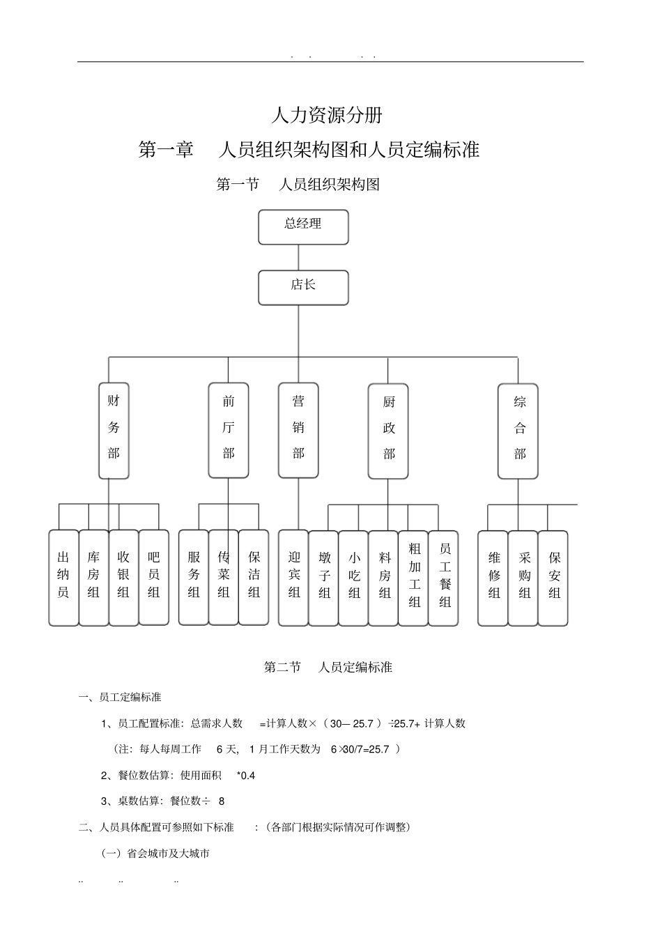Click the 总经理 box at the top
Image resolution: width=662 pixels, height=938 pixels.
tap(303, 227)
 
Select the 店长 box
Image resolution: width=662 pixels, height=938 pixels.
tap(303, 288)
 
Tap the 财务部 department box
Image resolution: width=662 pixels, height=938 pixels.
tap(114, 430)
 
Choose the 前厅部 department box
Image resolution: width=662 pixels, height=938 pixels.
tap(229, 430)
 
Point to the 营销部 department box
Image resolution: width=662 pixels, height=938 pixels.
tap(298, 430)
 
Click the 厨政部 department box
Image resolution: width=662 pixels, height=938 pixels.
tap(388, 431)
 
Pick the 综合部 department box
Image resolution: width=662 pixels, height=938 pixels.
tap(518, 431)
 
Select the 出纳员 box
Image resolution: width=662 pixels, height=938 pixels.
tap(63, 578)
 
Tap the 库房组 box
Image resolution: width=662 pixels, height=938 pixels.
tap(93, 578)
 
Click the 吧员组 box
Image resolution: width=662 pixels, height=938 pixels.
tap(154, 578)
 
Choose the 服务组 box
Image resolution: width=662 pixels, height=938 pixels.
tap(194, 578)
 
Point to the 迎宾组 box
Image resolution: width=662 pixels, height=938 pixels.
tap(293, 578)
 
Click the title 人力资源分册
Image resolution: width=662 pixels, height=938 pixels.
tap(327, 115)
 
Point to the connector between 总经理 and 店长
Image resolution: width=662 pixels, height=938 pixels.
tap(298, 258)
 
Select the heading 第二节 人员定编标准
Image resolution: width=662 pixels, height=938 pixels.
tap(328, 667)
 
